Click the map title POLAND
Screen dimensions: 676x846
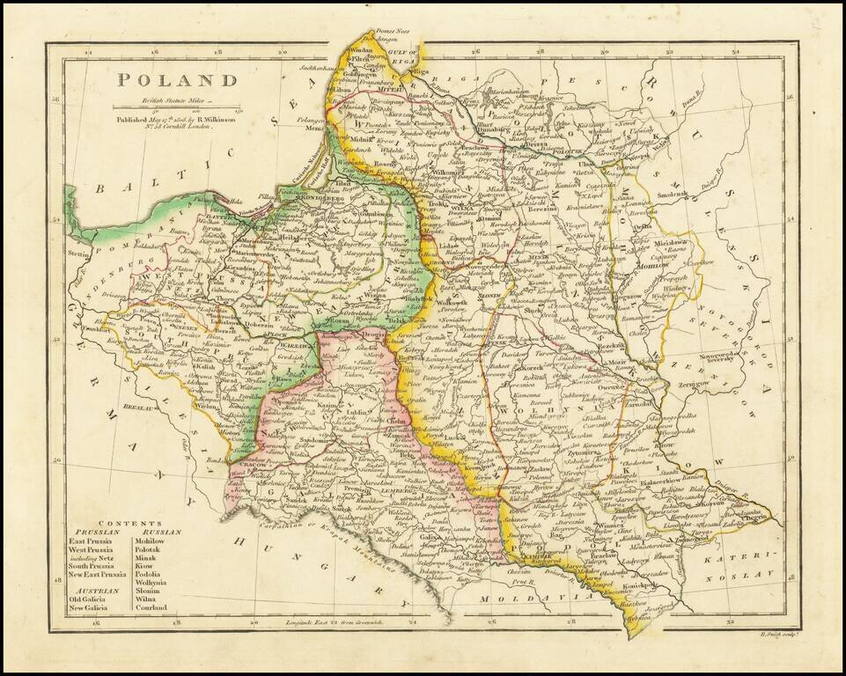click(179, 80)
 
